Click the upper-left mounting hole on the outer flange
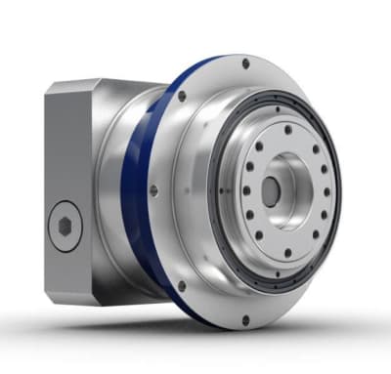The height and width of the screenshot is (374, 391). click(x=183, y=97)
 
